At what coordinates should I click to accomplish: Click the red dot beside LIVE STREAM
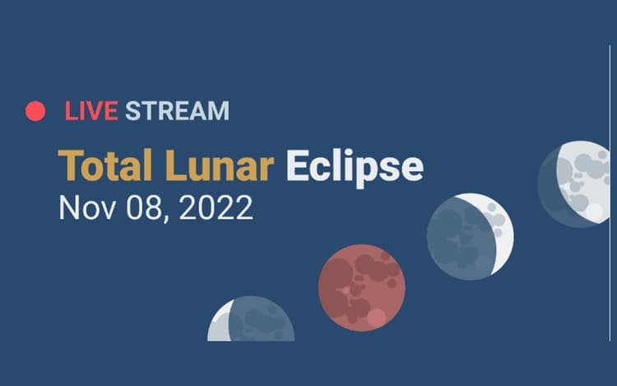click(35, 111)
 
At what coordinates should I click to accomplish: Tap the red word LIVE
click(92, 111)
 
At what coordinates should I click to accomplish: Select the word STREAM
click(177, 111)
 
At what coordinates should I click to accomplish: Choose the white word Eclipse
click(354, 167)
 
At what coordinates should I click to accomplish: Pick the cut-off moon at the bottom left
click(251, 320)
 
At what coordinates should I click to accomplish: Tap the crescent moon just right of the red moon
click(470, 236)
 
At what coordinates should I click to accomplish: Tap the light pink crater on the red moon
click(376, 318)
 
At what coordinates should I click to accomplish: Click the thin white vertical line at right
click(610, 189)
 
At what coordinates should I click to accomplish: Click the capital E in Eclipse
click(297, 166)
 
